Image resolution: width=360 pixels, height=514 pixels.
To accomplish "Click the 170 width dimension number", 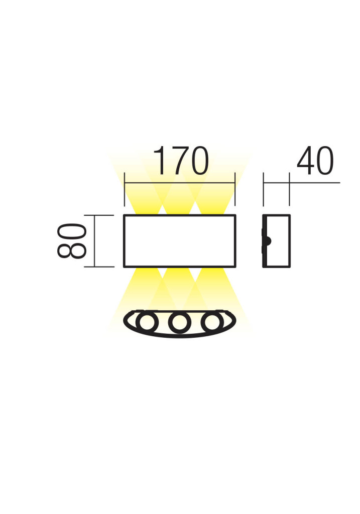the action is (x=181, y=161).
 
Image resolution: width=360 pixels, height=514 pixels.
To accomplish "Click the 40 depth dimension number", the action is (x=315, y=161).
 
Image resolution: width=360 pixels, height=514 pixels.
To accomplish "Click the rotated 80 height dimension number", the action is (x=72, y=240).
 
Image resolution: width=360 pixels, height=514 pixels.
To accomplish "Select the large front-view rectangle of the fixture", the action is (x=180, y=215).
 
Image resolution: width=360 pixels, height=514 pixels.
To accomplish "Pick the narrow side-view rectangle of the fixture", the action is (x=276, y=215).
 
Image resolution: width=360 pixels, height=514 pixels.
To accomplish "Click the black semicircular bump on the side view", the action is (x=269, y=241).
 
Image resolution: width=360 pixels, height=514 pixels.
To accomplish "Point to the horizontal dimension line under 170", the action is (x=180, y=183).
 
